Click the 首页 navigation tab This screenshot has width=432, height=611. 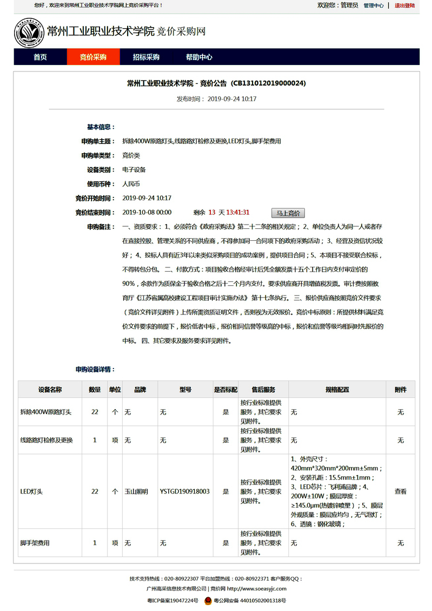40,57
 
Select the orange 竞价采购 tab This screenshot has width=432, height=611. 93,57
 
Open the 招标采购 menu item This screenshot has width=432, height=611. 146,57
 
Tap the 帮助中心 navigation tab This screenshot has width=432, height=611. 199,57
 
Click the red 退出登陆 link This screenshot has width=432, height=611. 404,5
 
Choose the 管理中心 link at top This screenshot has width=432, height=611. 374,5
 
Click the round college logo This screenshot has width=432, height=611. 29,32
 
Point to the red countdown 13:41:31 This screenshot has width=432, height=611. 237,213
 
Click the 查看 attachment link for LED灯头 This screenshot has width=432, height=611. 401,492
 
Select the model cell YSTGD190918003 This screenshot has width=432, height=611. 184,492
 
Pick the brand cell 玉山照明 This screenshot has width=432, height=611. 136,492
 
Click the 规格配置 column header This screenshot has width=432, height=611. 337,390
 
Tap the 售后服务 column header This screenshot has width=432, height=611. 263,390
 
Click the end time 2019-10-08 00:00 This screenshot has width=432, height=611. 147,213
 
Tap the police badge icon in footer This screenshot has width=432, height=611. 208,601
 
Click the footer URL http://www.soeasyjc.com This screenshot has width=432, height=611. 257,589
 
